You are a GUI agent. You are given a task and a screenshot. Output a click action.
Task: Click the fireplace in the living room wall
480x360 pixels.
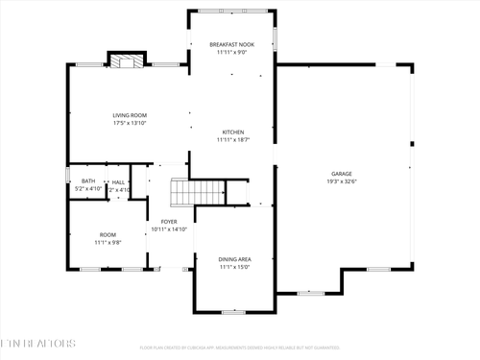coord(125,62)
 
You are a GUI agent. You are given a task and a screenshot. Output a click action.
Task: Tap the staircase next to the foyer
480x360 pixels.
coord(182,192)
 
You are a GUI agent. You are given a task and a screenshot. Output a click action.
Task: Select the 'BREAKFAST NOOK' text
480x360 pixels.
coord(233,44)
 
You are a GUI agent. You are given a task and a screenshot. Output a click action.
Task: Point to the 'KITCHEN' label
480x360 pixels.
coord(233,132)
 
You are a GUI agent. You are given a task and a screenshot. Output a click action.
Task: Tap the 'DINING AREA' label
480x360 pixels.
coord(233,259)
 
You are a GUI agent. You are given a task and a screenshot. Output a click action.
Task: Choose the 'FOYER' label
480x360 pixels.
coord(169,221)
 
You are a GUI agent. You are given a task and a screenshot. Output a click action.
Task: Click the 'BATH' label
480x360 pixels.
coord(88,180)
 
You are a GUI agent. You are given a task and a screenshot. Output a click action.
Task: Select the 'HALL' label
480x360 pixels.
coord(118,180)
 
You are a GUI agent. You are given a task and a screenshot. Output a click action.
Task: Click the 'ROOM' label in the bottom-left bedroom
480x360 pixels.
coord(108,234)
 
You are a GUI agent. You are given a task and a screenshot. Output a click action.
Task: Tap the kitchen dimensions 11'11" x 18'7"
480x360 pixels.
coord(233,140)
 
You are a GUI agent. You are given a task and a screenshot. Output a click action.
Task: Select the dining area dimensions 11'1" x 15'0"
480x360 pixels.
coord(233,268)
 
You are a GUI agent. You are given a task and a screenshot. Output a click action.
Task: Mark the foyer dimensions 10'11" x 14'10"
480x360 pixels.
coord(169,229)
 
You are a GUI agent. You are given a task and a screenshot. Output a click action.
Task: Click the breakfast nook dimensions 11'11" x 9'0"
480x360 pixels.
coord(233,53)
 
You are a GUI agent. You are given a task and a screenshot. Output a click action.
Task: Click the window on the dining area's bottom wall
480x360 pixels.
coord(228,311)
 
